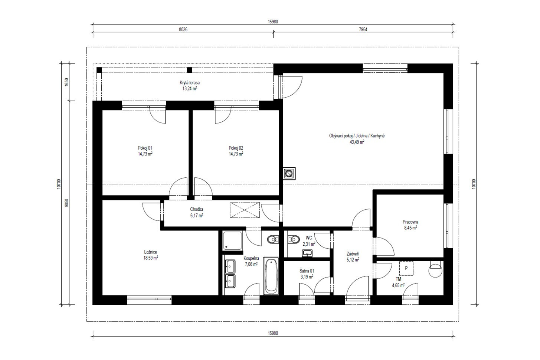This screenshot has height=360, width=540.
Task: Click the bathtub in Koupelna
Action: click(x=271, y=276)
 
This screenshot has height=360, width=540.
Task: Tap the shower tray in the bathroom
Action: click(x=232, y=240)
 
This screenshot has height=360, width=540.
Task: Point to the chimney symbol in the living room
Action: click(x=289, y=173)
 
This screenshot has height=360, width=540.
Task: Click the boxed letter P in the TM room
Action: click(x=406, y=268)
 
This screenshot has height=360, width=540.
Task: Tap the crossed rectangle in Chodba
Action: click(x=245, y=210)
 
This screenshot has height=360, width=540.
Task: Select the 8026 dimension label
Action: click(x=183, y=30)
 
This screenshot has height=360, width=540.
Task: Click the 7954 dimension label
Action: click(x=363, y=30)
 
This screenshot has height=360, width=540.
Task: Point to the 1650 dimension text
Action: click(x=67, y=82)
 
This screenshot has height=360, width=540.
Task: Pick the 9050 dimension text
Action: click(x=67, y=203)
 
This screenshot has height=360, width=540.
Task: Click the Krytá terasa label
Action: click(x=190, y=83)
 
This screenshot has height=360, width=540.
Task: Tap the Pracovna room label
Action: click(x=410, y=222)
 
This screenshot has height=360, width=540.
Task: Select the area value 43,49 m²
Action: click(x=357, y=142)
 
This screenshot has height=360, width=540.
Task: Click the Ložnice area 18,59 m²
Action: click(x=151, y=258)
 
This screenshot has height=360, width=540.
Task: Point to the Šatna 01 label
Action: click(x=307, y=271)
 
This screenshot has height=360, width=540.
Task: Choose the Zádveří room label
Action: click(x=353, y=253)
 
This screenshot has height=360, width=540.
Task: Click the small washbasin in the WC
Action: click(x=307, y=253)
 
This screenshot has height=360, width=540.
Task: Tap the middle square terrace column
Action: click(x=190, y=70)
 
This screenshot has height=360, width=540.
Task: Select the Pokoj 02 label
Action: click(x=236, y=148)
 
